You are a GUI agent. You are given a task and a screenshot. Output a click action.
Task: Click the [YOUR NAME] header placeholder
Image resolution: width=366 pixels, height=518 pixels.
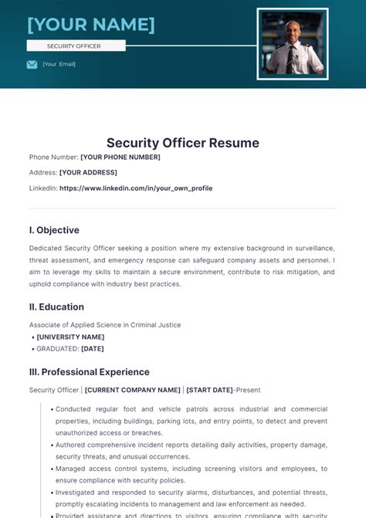[91, 25]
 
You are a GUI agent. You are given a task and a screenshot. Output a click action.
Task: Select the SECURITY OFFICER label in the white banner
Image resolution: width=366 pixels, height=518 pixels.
[74, 46]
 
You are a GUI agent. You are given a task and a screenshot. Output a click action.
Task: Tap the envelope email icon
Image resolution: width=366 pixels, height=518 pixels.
[32, 64]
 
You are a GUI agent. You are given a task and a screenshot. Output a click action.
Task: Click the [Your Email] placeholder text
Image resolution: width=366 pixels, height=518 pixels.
[59, 64]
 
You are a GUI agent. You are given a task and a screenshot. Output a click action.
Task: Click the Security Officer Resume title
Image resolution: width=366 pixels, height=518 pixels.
[183, 143]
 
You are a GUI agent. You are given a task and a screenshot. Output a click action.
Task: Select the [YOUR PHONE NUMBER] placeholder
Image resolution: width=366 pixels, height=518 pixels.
[120, 157]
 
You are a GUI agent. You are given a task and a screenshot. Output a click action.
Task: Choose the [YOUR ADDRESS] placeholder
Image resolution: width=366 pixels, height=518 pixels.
[88, 172]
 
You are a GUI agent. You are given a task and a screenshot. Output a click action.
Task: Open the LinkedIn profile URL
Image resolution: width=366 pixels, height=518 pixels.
[136, 188]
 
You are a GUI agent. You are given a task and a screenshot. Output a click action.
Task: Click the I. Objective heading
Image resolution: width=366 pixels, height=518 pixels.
[54, 230]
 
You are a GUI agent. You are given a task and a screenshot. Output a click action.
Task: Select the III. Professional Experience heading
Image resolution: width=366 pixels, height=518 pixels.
[90, 371]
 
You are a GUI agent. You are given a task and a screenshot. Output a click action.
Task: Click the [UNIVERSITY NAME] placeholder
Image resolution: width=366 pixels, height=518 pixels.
[70, 337]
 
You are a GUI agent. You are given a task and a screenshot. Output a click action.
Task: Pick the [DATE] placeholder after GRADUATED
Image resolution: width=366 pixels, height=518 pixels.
[93, 348]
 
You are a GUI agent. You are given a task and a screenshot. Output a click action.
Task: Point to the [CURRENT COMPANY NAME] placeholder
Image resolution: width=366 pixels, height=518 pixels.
[133, 390]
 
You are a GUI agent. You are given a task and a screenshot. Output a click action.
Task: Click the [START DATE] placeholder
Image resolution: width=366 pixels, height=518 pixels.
[211, 390]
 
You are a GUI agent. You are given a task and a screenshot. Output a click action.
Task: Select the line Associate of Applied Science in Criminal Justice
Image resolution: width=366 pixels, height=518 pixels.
[105, 325]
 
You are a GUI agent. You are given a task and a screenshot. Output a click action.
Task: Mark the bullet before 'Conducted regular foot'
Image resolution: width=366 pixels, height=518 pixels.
[51, 409]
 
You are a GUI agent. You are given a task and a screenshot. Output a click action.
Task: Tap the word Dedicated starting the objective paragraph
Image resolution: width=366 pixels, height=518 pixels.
[48, 249]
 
